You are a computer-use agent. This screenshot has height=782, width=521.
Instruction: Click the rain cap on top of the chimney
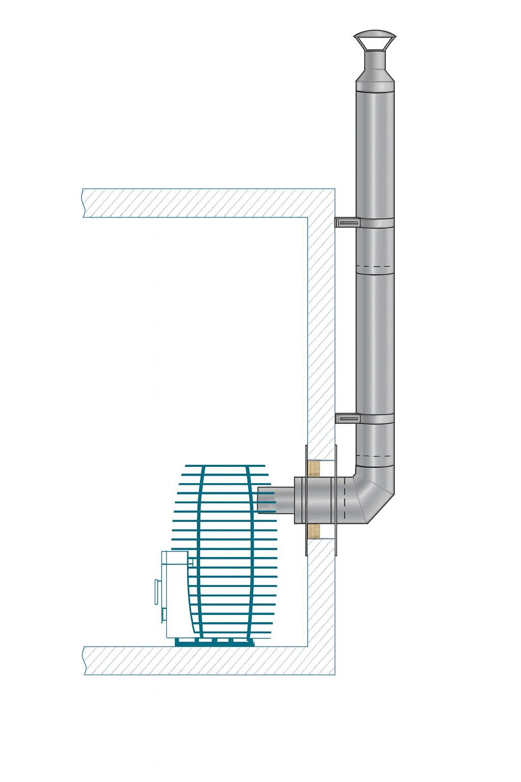pos(374,39)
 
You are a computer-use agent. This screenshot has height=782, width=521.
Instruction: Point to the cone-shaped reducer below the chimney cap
pos(375,75)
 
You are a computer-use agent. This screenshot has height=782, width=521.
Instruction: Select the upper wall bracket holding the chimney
pos(347,222)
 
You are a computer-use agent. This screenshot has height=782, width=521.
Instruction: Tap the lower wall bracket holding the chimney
pos(347,418)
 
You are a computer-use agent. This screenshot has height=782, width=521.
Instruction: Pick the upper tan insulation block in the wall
pos(314,468)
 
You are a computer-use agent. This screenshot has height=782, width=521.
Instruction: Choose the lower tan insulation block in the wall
pos(314,531)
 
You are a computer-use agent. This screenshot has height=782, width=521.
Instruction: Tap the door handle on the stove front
pos(156,592)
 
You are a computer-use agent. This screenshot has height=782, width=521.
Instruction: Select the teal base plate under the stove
pos(214,643)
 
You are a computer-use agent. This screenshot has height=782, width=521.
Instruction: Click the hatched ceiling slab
pos(204,203)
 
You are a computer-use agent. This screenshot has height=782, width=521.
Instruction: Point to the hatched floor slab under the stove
pos(204,661)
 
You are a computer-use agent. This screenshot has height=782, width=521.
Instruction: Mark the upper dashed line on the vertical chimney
pos(375,267)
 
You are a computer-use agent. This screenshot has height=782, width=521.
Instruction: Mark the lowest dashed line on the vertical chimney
pos(375,456)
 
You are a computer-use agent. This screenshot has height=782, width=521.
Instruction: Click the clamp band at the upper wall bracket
pos(377,222)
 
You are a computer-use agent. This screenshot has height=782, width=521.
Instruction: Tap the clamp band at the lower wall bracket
pos(377,419)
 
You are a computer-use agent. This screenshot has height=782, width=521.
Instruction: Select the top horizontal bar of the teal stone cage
pos(225,465)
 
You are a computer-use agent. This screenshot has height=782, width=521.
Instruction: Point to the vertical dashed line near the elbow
pos(344,500)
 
